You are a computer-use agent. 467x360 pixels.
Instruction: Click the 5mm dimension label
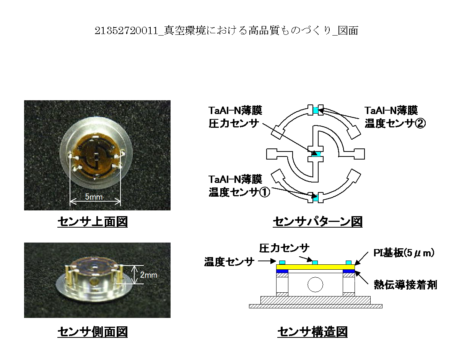[x=94, y=197]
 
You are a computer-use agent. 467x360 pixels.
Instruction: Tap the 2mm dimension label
[x=148, y=275]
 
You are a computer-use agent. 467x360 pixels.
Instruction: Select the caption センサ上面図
[x=93, y=222]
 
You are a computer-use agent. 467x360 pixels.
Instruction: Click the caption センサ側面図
[x=93, y=332]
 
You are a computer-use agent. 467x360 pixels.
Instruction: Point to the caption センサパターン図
[x=317, y=222]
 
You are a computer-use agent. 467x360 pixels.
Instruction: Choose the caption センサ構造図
[x=312, y=332]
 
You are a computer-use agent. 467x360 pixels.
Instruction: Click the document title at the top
[x=226, y=31]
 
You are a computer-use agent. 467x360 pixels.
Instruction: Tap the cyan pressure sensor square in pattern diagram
[x=316, y=154]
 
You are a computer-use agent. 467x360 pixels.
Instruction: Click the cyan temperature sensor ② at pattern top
[x=316, y=110]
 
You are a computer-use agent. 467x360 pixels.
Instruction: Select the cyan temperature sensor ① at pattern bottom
[x=316, y=198]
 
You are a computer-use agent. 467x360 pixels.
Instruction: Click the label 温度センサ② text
[x=395, y=123]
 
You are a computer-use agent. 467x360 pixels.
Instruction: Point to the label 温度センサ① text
[x=239, y=192]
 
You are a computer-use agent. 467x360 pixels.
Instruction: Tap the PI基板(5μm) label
[x=404, y=253]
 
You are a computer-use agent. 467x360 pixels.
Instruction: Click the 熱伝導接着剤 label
[x=405, y=285]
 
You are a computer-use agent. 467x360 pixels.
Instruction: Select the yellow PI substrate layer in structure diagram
[x=315, y=267]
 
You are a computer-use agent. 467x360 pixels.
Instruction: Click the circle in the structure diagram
[x=315, y=284]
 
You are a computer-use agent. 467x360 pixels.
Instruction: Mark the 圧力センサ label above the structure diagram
[x=284, y=248]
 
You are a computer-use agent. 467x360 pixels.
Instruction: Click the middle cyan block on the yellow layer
[x=315, y=263]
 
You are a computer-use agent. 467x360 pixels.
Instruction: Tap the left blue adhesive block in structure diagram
[x=282, y=271]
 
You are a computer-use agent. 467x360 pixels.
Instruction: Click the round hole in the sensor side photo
[x=94, y=280]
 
